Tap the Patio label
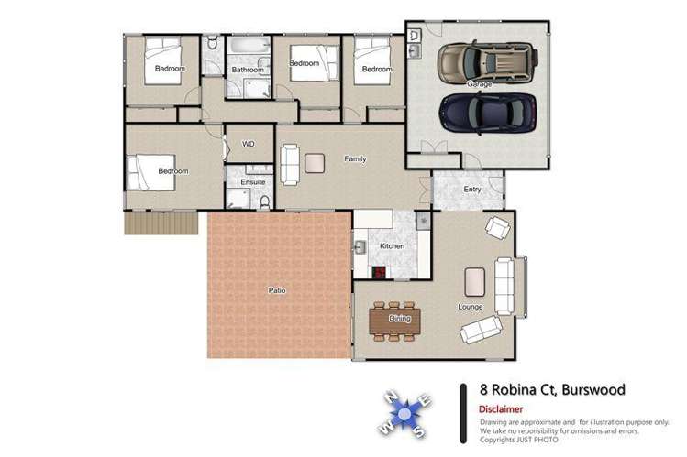point(276,290)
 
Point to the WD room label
point(248,144)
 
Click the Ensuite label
point(252,182)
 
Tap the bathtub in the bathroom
point(249,46)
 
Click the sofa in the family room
point(288,162)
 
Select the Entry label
point(472,190)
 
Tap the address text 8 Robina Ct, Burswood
point(553,390)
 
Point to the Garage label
point(479,84)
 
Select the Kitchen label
point(392,247)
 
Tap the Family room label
point(355,159)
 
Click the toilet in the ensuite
point(263,201)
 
